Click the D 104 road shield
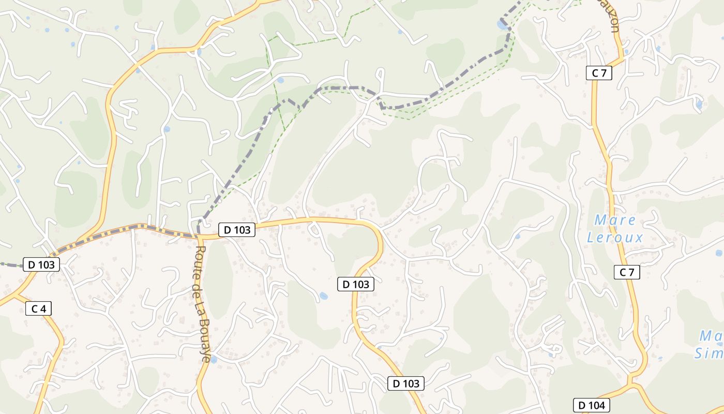coord(592,405)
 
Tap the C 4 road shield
coord(39,309)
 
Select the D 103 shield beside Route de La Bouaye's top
coord(237,230)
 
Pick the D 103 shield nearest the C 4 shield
coord(42,264)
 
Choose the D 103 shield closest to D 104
coord(406,383)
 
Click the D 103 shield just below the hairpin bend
coord(356,284)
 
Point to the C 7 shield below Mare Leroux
coord(627,272)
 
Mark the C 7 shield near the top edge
coord(599,73)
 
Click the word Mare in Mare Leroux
coord(615,220)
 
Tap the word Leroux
coord(615,238)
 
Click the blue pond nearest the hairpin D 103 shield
coord(323,296)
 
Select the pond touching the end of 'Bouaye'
coord(214,359)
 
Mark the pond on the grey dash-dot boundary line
coord(502,24)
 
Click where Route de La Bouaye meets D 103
coord(199,236)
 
